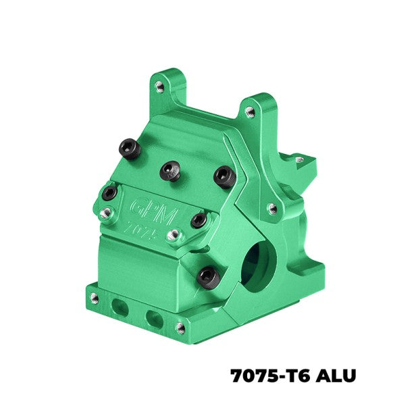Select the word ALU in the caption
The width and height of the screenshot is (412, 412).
[x=336, y=376]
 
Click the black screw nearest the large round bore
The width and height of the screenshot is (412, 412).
[x=209, y=278]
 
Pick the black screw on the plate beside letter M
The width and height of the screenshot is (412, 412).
[x=199, y=220]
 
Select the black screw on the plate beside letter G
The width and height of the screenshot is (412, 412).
[x=109, y=192]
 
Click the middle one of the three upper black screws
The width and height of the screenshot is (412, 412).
[x=170, y=171]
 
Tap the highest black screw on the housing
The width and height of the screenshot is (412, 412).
[x=130, y=148]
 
